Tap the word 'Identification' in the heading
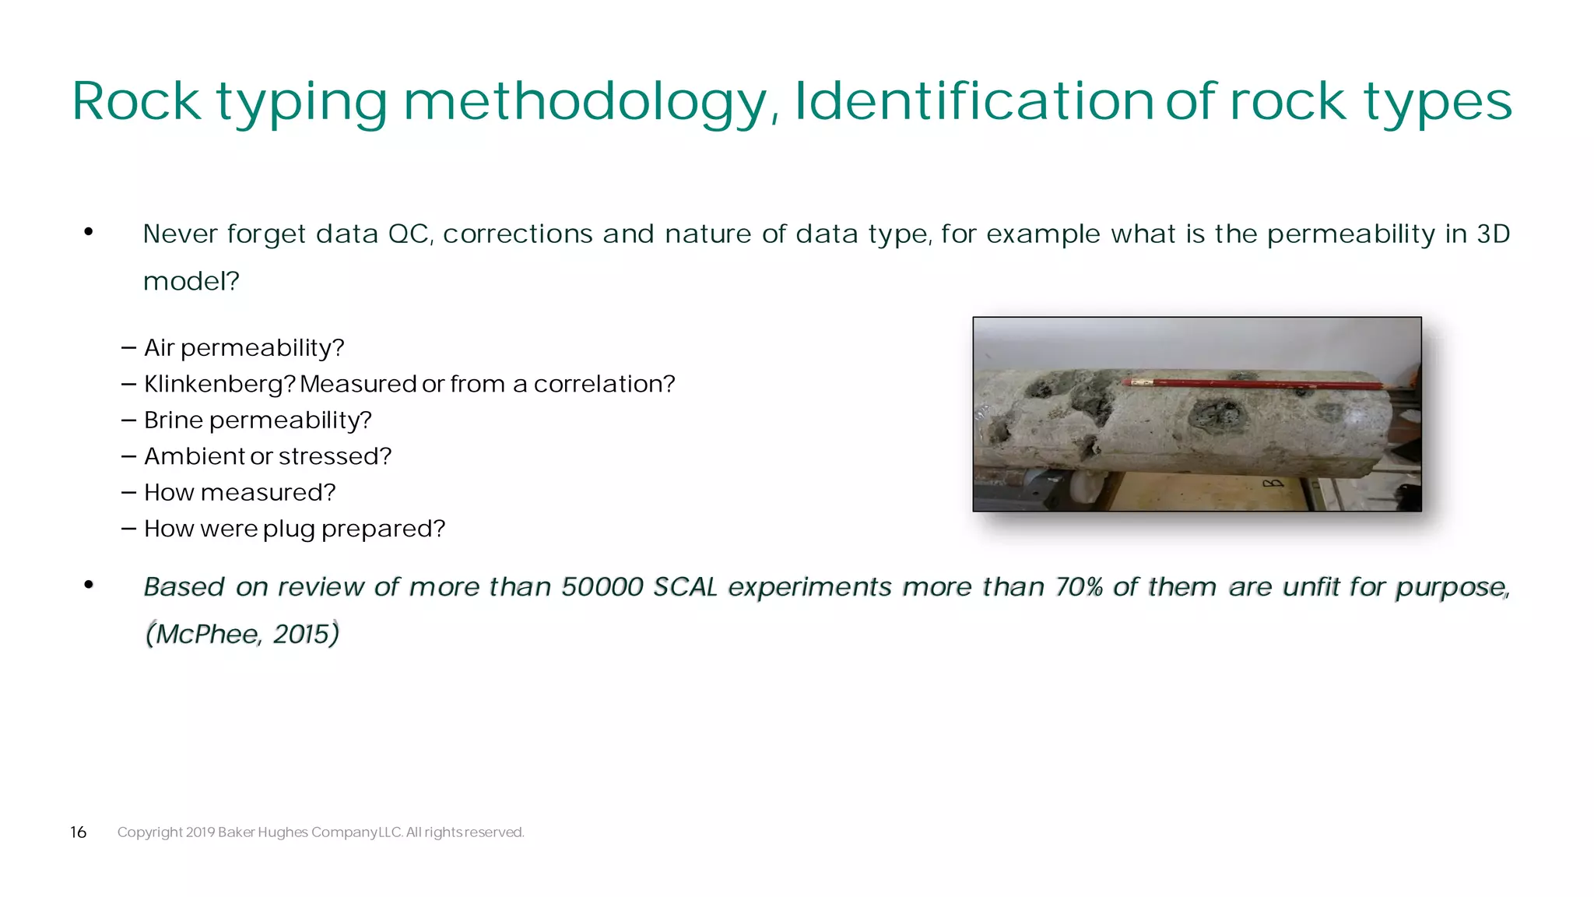coord(973,101)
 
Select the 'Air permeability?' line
coord(244,347)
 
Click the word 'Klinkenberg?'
coord(219,384)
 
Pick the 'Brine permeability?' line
coord(258,420)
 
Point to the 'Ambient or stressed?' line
coord(267,456)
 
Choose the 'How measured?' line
coord(240,493)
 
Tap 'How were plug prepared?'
coord(294,529)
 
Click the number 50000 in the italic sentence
coord(602,586)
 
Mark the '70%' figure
coord(1079,586)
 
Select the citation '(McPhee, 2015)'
coord(242,634)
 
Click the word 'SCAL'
coord(685,586)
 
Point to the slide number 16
coord(78,832)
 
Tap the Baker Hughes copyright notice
coord(321,832)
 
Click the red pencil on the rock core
coord(1253,384)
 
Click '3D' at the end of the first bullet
coord(1493,234)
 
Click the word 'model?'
coord(191,281)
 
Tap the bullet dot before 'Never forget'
coord(89,231)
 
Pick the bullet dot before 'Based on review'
coord(89,584)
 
